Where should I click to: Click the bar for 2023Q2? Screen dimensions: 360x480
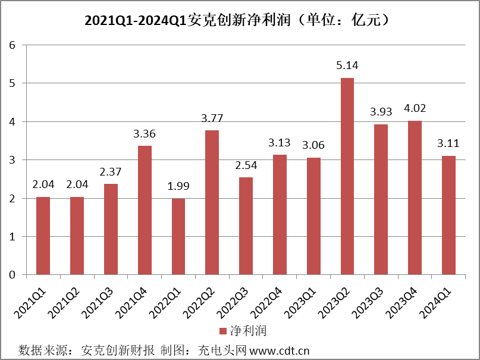(x=347, y=176)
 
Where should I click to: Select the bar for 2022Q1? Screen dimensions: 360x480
(x=178, y=237)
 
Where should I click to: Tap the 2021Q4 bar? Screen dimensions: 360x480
(x=145, y=210)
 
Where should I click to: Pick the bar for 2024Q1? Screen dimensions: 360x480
(x=449, y=215)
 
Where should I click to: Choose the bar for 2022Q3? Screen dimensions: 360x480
(x=246, y=226)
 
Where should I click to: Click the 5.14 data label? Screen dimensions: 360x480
(x=347, y=65)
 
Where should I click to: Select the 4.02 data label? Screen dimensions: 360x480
(x=415, y=108)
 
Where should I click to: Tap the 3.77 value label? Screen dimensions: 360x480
(x=212, y=118)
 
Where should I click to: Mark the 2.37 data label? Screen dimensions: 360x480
(x=111, y=171)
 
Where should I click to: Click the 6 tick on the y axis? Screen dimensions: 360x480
(x=11, y=45)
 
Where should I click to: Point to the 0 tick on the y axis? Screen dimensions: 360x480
(x=11, y=275)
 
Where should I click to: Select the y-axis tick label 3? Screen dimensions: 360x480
(x=11, y=160)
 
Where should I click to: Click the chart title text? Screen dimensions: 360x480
(x=240, y=20)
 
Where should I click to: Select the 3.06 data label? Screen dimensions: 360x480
(x=313, y=145)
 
